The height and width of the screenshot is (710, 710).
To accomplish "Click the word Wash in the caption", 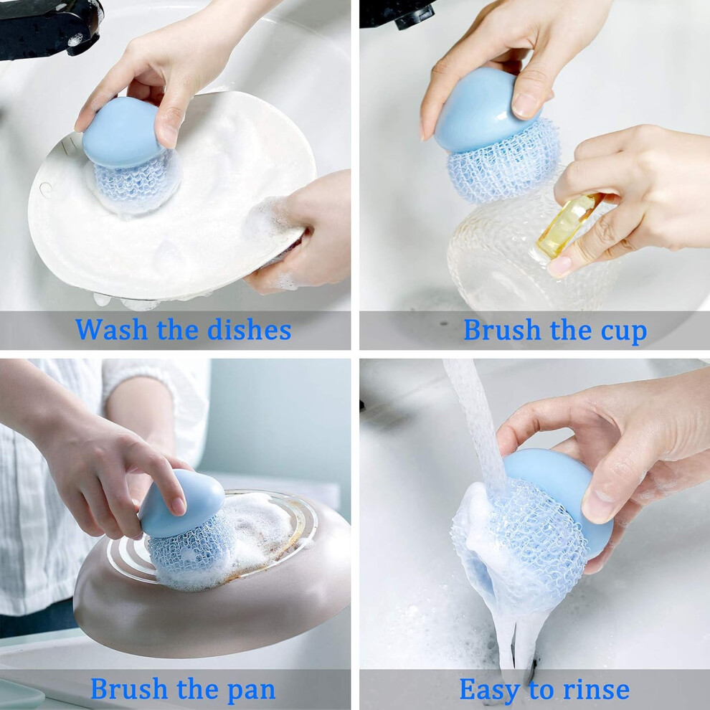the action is point(111,329).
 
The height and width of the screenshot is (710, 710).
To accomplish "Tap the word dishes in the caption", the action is point(249,329).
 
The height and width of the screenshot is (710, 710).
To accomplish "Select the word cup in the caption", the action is point(623,331).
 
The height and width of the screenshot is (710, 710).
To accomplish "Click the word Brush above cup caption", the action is point(502,329).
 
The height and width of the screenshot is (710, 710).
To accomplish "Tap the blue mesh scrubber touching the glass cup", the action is point(503,161).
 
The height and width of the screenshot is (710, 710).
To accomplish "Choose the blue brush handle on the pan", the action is point(182,503).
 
